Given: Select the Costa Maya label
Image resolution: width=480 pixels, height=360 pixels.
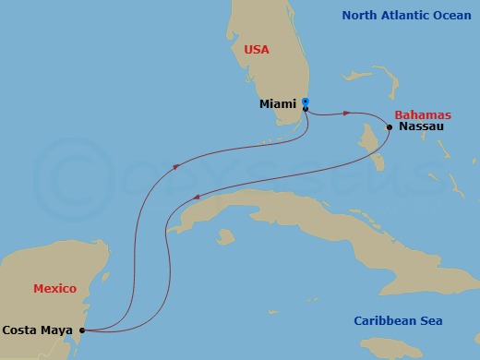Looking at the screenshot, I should (x=39, y=329).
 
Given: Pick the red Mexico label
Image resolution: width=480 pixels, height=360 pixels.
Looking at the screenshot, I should (x=54, y=288).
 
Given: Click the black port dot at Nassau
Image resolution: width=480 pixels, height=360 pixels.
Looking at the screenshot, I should (x=390, y=127).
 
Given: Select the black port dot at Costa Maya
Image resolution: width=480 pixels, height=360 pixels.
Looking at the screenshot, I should (x=82, y=330).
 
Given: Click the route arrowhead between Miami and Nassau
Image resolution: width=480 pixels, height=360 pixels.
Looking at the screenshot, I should (x=347, y=114).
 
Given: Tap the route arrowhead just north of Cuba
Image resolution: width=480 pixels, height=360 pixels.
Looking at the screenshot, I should (x=199, y=197).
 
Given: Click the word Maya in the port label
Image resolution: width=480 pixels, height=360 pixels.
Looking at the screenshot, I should (x=57, y=329).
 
